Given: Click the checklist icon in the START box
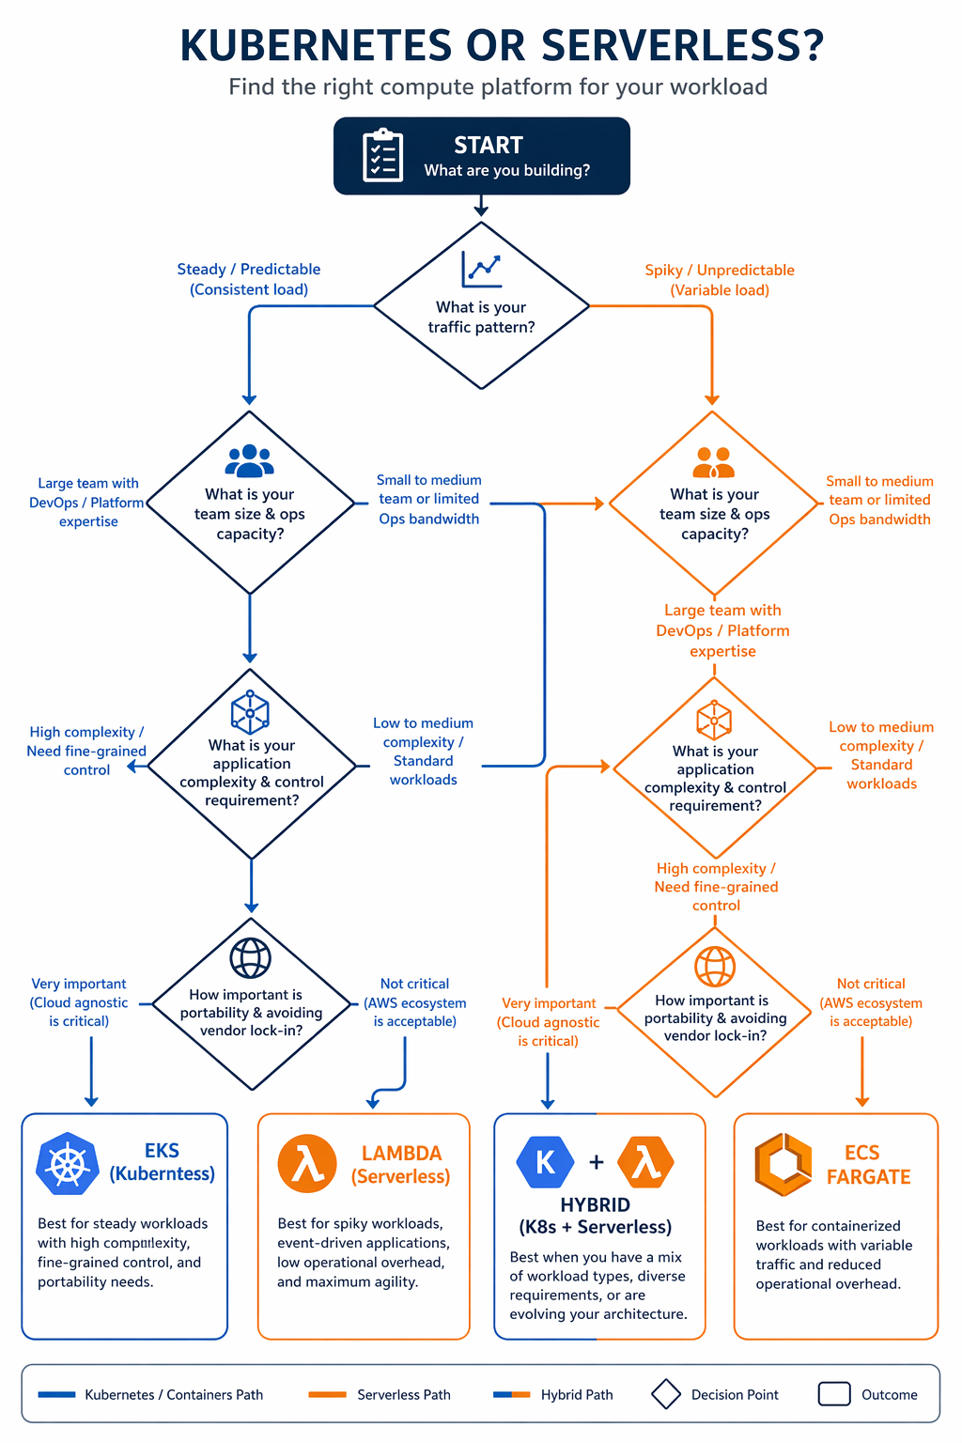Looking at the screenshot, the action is click(x=382, y=156).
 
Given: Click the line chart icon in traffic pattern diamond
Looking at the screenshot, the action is click(x=481, y=270).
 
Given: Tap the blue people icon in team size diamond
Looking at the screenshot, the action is click(x=250, y=461).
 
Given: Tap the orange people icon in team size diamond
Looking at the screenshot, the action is click(x=713, y=462).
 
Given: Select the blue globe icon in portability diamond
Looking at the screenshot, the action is click(x=251, y=958).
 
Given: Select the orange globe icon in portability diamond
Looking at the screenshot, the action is click(x=715, y=966).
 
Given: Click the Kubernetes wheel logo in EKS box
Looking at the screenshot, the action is click(x=67, y=1165).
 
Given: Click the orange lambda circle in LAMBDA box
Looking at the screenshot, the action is click(x=307, y=1164).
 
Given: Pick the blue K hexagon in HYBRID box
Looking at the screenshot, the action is click(x=545, y=1162).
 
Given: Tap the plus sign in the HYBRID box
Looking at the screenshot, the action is click(x=597, y=1163).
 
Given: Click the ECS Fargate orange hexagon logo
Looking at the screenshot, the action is click(x=783, y=1165).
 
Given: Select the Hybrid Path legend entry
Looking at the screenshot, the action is click(x=553, y=1394).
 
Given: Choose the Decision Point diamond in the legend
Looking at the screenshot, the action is click(x=666, y=1394).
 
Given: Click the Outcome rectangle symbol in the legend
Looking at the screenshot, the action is click(x=833, y=1394).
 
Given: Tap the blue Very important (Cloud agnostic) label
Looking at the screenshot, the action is click(x=79, y=1002).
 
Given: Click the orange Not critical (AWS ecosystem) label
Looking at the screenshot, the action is click(x=871, y=1002).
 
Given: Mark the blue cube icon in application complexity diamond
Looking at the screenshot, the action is click(x=250, y=712).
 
